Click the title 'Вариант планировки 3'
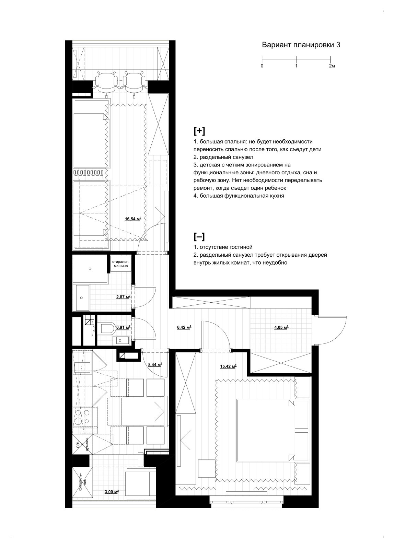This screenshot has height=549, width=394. coord(301,45)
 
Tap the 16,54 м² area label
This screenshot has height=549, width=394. coord(133,219)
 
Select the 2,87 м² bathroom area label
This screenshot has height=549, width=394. coord(123,297)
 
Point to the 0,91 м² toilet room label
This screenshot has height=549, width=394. coord(123,327)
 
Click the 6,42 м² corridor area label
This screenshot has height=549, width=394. coord(184,327)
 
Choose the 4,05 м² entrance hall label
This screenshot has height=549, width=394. coord(280,327)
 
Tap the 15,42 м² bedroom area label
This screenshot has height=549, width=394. coord(228,366)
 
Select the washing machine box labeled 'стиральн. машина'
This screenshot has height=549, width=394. coord(120,264)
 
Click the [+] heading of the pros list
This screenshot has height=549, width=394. coord(199,131)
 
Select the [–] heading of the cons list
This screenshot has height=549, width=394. coord(199,237)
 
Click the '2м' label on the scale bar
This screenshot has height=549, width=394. coord(332,66)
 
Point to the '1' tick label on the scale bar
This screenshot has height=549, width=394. coord(296,66)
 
